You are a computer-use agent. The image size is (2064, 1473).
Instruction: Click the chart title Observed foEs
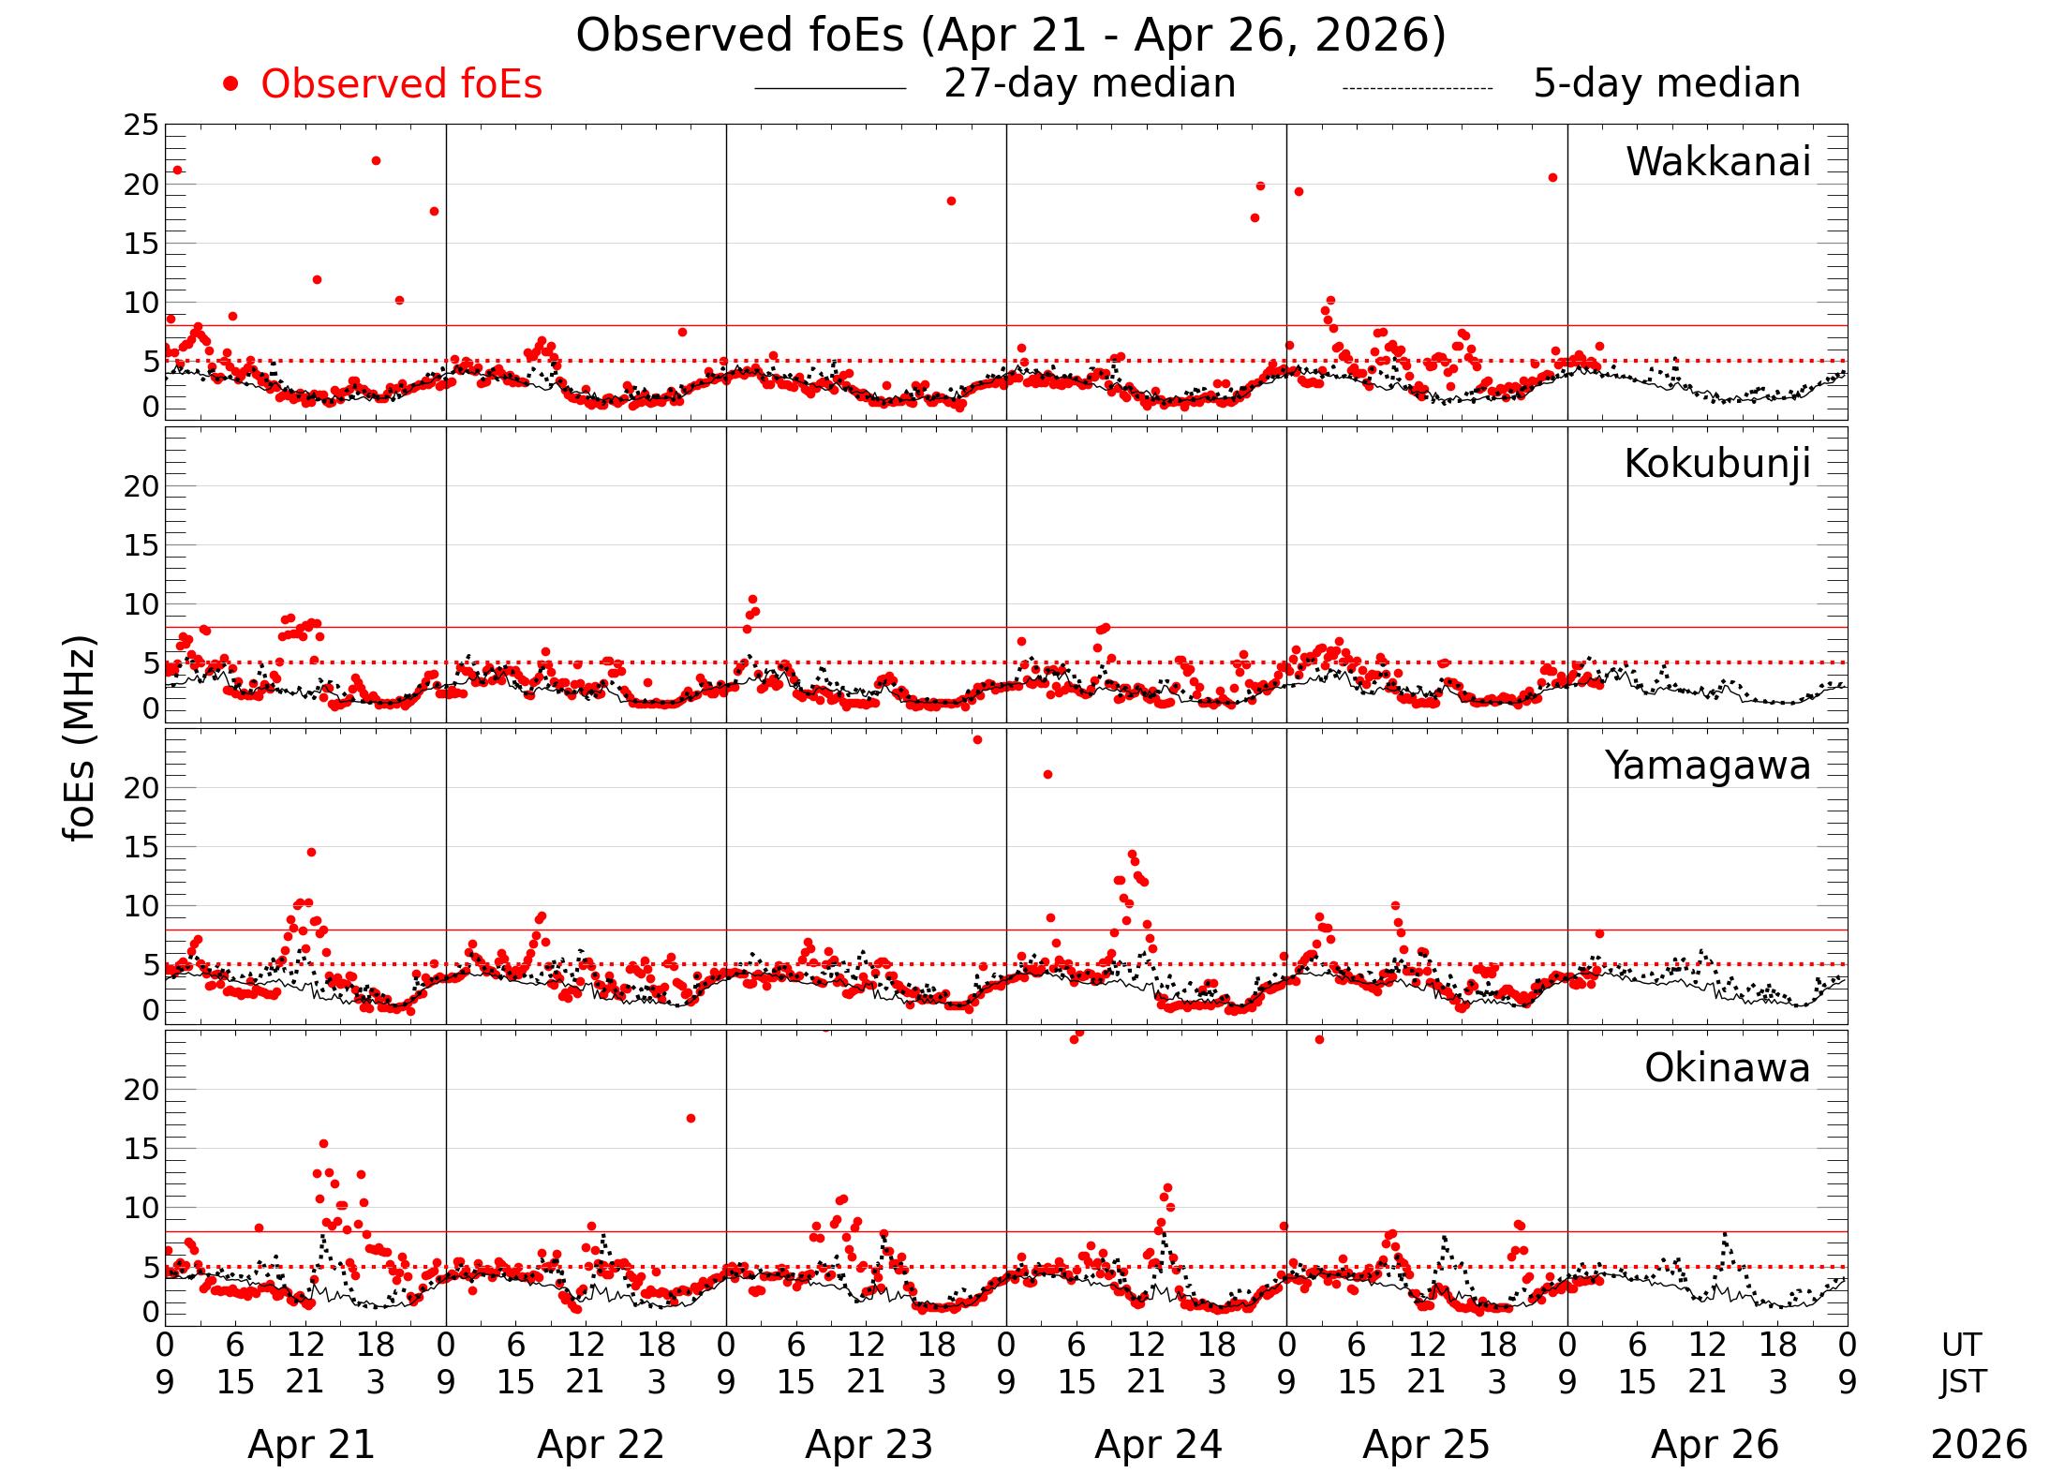1011,36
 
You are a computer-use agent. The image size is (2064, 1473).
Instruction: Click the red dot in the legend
230,84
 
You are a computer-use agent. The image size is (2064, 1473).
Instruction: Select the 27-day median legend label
1089,83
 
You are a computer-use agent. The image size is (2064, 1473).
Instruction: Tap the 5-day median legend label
1666,83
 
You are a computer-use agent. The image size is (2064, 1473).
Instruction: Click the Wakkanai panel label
1717,162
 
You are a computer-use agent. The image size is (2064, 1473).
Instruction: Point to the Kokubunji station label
1716,464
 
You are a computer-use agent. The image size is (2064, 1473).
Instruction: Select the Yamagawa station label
1707,766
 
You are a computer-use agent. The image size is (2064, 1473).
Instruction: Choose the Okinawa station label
1727,1068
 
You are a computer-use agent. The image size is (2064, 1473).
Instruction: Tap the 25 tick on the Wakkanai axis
141,125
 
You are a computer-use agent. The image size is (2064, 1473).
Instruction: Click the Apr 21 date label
311,1445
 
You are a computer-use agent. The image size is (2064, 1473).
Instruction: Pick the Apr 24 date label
1158,1445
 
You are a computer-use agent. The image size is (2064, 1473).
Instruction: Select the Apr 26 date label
1715,1445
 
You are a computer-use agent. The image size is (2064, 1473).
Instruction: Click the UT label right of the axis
1961,1346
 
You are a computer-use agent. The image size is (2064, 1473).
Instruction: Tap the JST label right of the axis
1961,1381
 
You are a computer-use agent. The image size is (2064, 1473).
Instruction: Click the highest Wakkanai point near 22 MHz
376,160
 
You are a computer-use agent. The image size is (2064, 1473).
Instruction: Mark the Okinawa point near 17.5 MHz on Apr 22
690,1118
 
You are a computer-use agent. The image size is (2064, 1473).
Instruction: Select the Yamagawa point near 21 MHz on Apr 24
1047,774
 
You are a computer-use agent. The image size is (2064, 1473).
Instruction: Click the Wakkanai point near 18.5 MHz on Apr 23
951,201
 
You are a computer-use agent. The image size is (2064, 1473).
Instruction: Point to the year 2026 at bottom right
1979,1445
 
